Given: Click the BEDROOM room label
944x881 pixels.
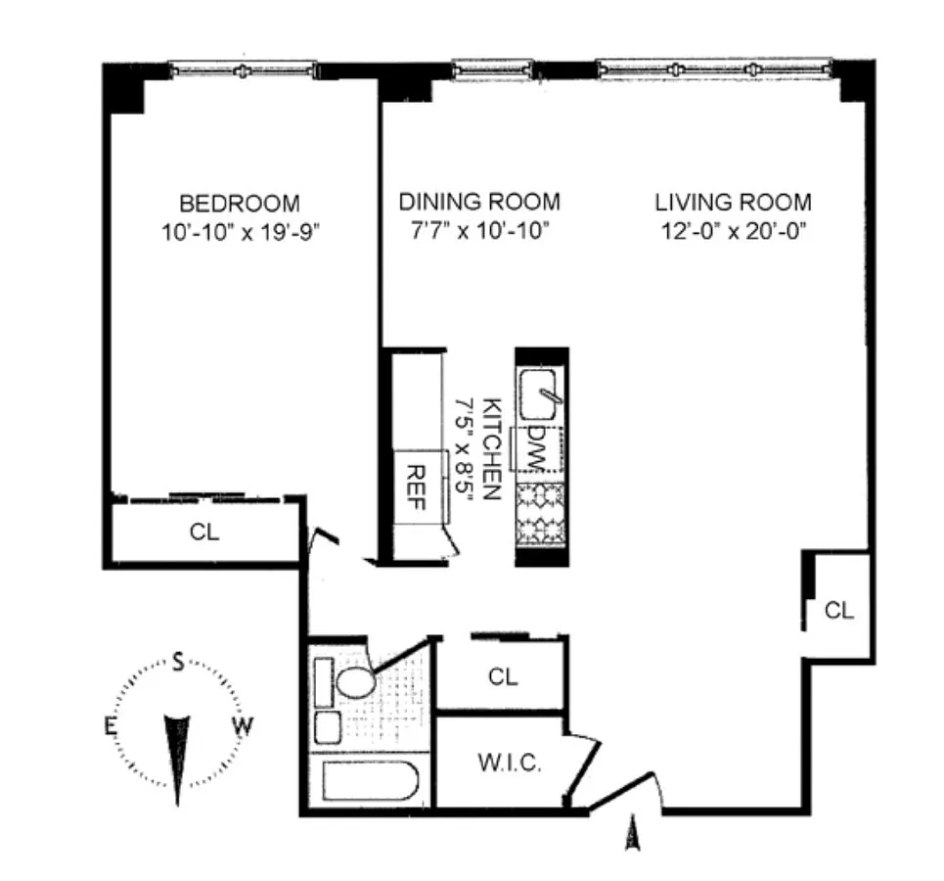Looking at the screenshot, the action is pos(240,204).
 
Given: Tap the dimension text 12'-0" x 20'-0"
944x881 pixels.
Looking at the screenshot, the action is pos(734,231).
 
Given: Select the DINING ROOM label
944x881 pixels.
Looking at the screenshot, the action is pos(479,202).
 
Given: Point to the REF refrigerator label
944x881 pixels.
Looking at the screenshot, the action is pos(417,487).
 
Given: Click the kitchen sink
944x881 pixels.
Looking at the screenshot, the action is pos(538,394).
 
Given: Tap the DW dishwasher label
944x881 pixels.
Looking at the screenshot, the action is pos(536,449).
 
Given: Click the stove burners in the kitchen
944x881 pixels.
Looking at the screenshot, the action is pos(541,514).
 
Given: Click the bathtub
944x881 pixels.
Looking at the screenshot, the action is pos(370,781).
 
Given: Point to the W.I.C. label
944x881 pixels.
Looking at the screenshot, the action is pos(510,763).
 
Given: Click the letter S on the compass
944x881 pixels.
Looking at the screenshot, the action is pos(178,662).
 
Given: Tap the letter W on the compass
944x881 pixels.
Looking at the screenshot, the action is pos(243,726).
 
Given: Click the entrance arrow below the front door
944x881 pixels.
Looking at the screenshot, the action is pos(632,833).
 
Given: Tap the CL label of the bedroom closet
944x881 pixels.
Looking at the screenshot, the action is pos(204,533).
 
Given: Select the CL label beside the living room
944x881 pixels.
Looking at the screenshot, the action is pos(839,611).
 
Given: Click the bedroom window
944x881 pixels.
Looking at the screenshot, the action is pos(243,70).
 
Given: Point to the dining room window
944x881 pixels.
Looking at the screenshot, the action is pos(492,69).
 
